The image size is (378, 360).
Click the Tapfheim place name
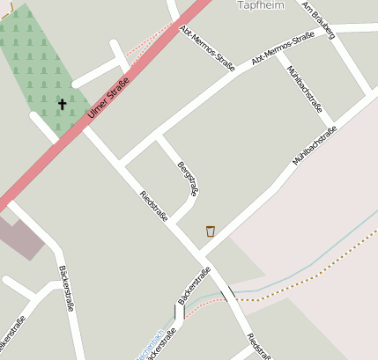261,5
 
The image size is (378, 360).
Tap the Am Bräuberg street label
318,20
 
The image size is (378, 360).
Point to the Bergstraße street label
188,179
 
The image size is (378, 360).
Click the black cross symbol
63,105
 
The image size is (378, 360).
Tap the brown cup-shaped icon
211,231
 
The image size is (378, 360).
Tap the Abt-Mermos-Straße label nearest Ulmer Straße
206,49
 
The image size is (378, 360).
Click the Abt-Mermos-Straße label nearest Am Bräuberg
283,48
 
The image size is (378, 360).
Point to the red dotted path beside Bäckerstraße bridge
203,300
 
